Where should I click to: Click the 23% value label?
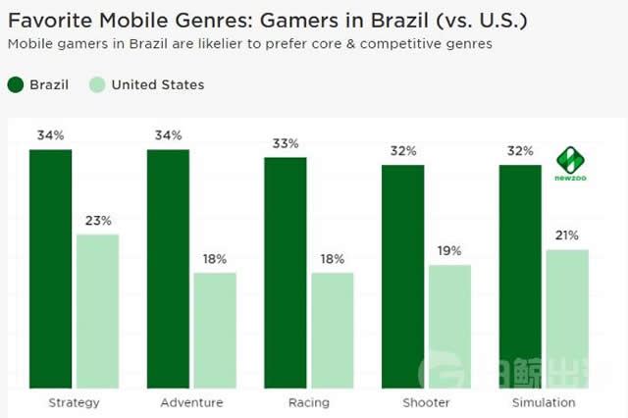tap(98, 221)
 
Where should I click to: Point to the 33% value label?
tap(285, 143)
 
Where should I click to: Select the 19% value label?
tap(450, 251)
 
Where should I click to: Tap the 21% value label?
tap(567, 235)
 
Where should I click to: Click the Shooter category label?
tap(427, 402)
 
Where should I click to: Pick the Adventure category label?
tap(191, 402)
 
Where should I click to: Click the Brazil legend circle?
tap(17, 84)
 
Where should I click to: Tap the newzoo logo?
tap(571, 163)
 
